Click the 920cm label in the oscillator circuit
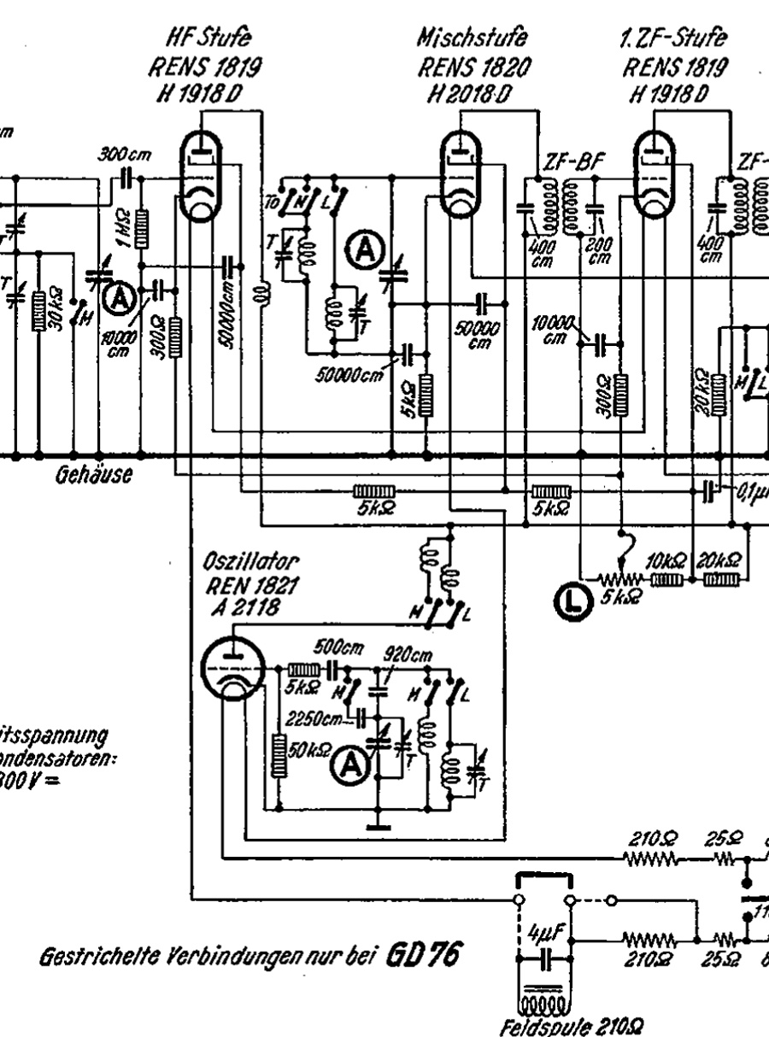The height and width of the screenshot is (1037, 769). coord(408,655)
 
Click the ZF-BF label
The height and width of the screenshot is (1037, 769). coord(568,163)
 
